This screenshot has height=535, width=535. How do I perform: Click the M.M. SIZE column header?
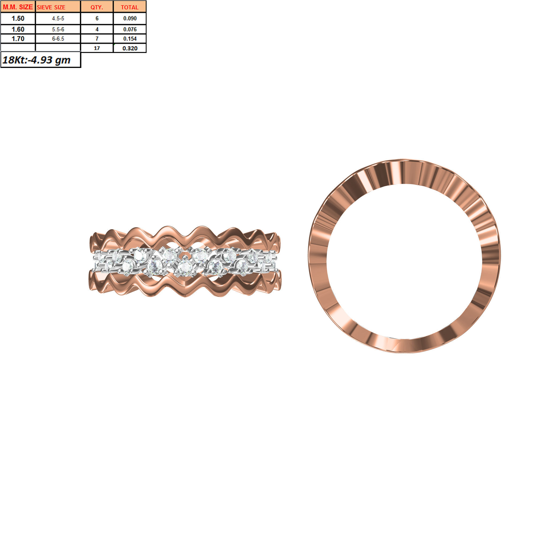point(18,7)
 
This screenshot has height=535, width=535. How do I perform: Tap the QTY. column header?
point(97,7)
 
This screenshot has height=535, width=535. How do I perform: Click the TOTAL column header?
point(129,7)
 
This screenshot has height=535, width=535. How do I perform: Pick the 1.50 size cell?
point(18,18)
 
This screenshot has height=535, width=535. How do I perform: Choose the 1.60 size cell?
point(18,29)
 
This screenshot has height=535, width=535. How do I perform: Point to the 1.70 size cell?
point(18,39)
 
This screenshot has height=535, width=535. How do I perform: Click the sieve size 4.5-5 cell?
point(58,18)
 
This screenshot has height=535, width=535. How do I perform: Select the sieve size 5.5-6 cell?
point(58,29)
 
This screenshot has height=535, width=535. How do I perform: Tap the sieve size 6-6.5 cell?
point(58,39)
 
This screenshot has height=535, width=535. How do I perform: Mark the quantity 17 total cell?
point(97,48)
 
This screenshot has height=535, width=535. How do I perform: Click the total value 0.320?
point(129,48)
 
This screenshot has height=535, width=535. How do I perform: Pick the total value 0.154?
point(129,39)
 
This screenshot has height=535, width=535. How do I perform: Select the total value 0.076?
point(129,29)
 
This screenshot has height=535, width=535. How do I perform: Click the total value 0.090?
point(129,18)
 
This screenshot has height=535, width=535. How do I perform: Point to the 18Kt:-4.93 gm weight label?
point(37,60)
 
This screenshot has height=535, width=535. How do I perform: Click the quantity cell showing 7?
point(97,39)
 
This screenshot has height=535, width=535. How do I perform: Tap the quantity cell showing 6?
point(97,18)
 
